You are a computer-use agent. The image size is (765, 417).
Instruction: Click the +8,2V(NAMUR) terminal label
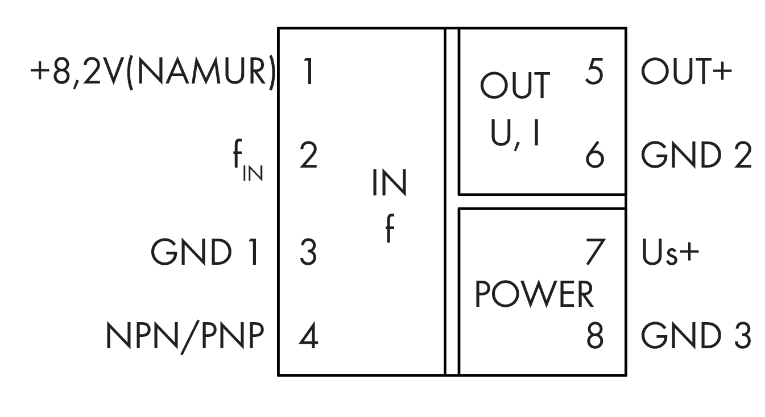(x=152, y=74)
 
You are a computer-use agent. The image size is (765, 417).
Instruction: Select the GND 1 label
(x=205, y=253)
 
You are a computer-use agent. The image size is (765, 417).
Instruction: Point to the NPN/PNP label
(x=185, y=337)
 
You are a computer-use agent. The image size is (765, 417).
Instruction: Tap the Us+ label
(x=670, y=253)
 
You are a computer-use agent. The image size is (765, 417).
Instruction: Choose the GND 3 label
(x=697, y=337)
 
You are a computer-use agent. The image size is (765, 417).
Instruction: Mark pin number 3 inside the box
(x=308, y=253)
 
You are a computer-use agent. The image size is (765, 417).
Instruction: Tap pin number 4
(x=308, y=337)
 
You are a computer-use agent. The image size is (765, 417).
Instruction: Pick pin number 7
(x=594, y=253)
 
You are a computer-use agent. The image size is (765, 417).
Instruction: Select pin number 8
(x=594, y=337)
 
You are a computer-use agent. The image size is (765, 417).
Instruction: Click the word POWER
(x=534, y=295)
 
